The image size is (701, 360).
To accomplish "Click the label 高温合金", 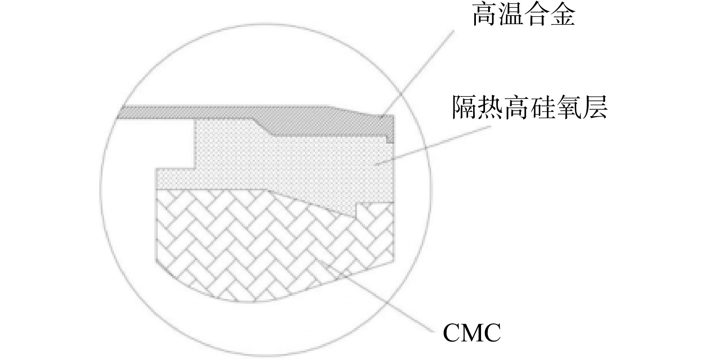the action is [523, 15].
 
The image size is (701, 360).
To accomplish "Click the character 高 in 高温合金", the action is [485, 15].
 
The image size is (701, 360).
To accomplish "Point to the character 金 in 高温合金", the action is [562, 15].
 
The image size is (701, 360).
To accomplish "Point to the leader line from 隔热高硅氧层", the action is [433, 145].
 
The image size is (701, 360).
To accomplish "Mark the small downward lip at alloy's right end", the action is [390, 139].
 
